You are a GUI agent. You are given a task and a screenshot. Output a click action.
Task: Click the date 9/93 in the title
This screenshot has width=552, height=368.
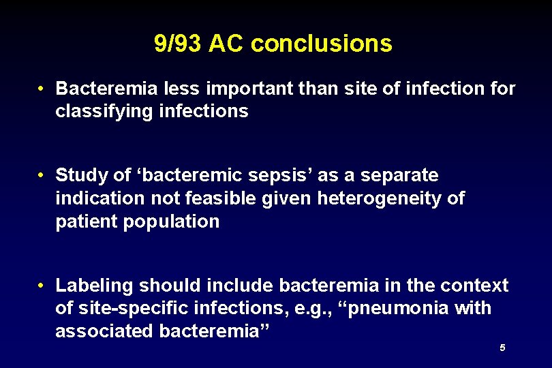(179, 44)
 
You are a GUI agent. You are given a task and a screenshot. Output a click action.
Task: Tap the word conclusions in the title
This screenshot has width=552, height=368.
(322, 44)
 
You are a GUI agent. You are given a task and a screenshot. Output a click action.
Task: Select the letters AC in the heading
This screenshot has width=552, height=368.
(227, 44)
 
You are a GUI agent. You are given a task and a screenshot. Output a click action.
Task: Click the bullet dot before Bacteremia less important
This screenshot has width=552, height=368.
(42, 89)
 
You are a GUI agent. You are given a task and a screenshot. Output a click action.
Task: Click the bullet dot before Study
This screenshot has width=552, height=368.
(42, 176)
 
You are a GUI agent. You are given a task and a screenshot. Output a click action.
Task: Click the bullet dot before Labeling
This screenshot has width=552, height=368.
(42, 285)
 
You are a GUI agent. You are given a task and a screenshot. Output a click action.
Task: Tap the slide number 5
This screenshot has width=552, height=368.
(502, 348)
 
